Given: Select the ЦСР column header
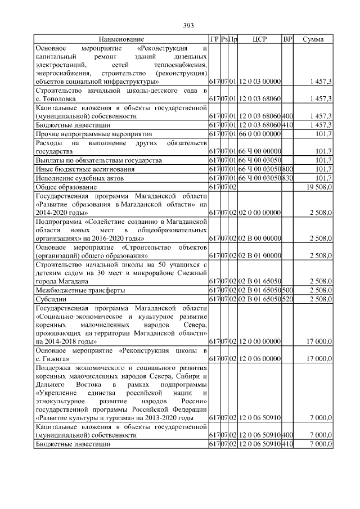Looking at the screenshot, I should (x=259, y=39).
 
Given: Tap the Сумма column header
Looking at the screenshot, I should (x=313, y=39).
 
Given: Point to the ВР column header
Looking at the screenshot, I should (x=287, y=39).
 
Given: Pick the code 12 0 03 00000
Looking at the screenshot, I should (x=259, y=82).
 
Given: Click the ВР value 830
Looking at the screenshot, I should (x=287, y=178).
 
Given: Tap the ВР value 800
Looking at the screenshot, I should (x=287, y=169).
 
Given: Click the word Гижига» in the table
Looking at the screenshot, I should (x=56, y=358).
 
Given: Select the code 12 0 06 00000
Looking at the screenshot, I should (x=259, y=358).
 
